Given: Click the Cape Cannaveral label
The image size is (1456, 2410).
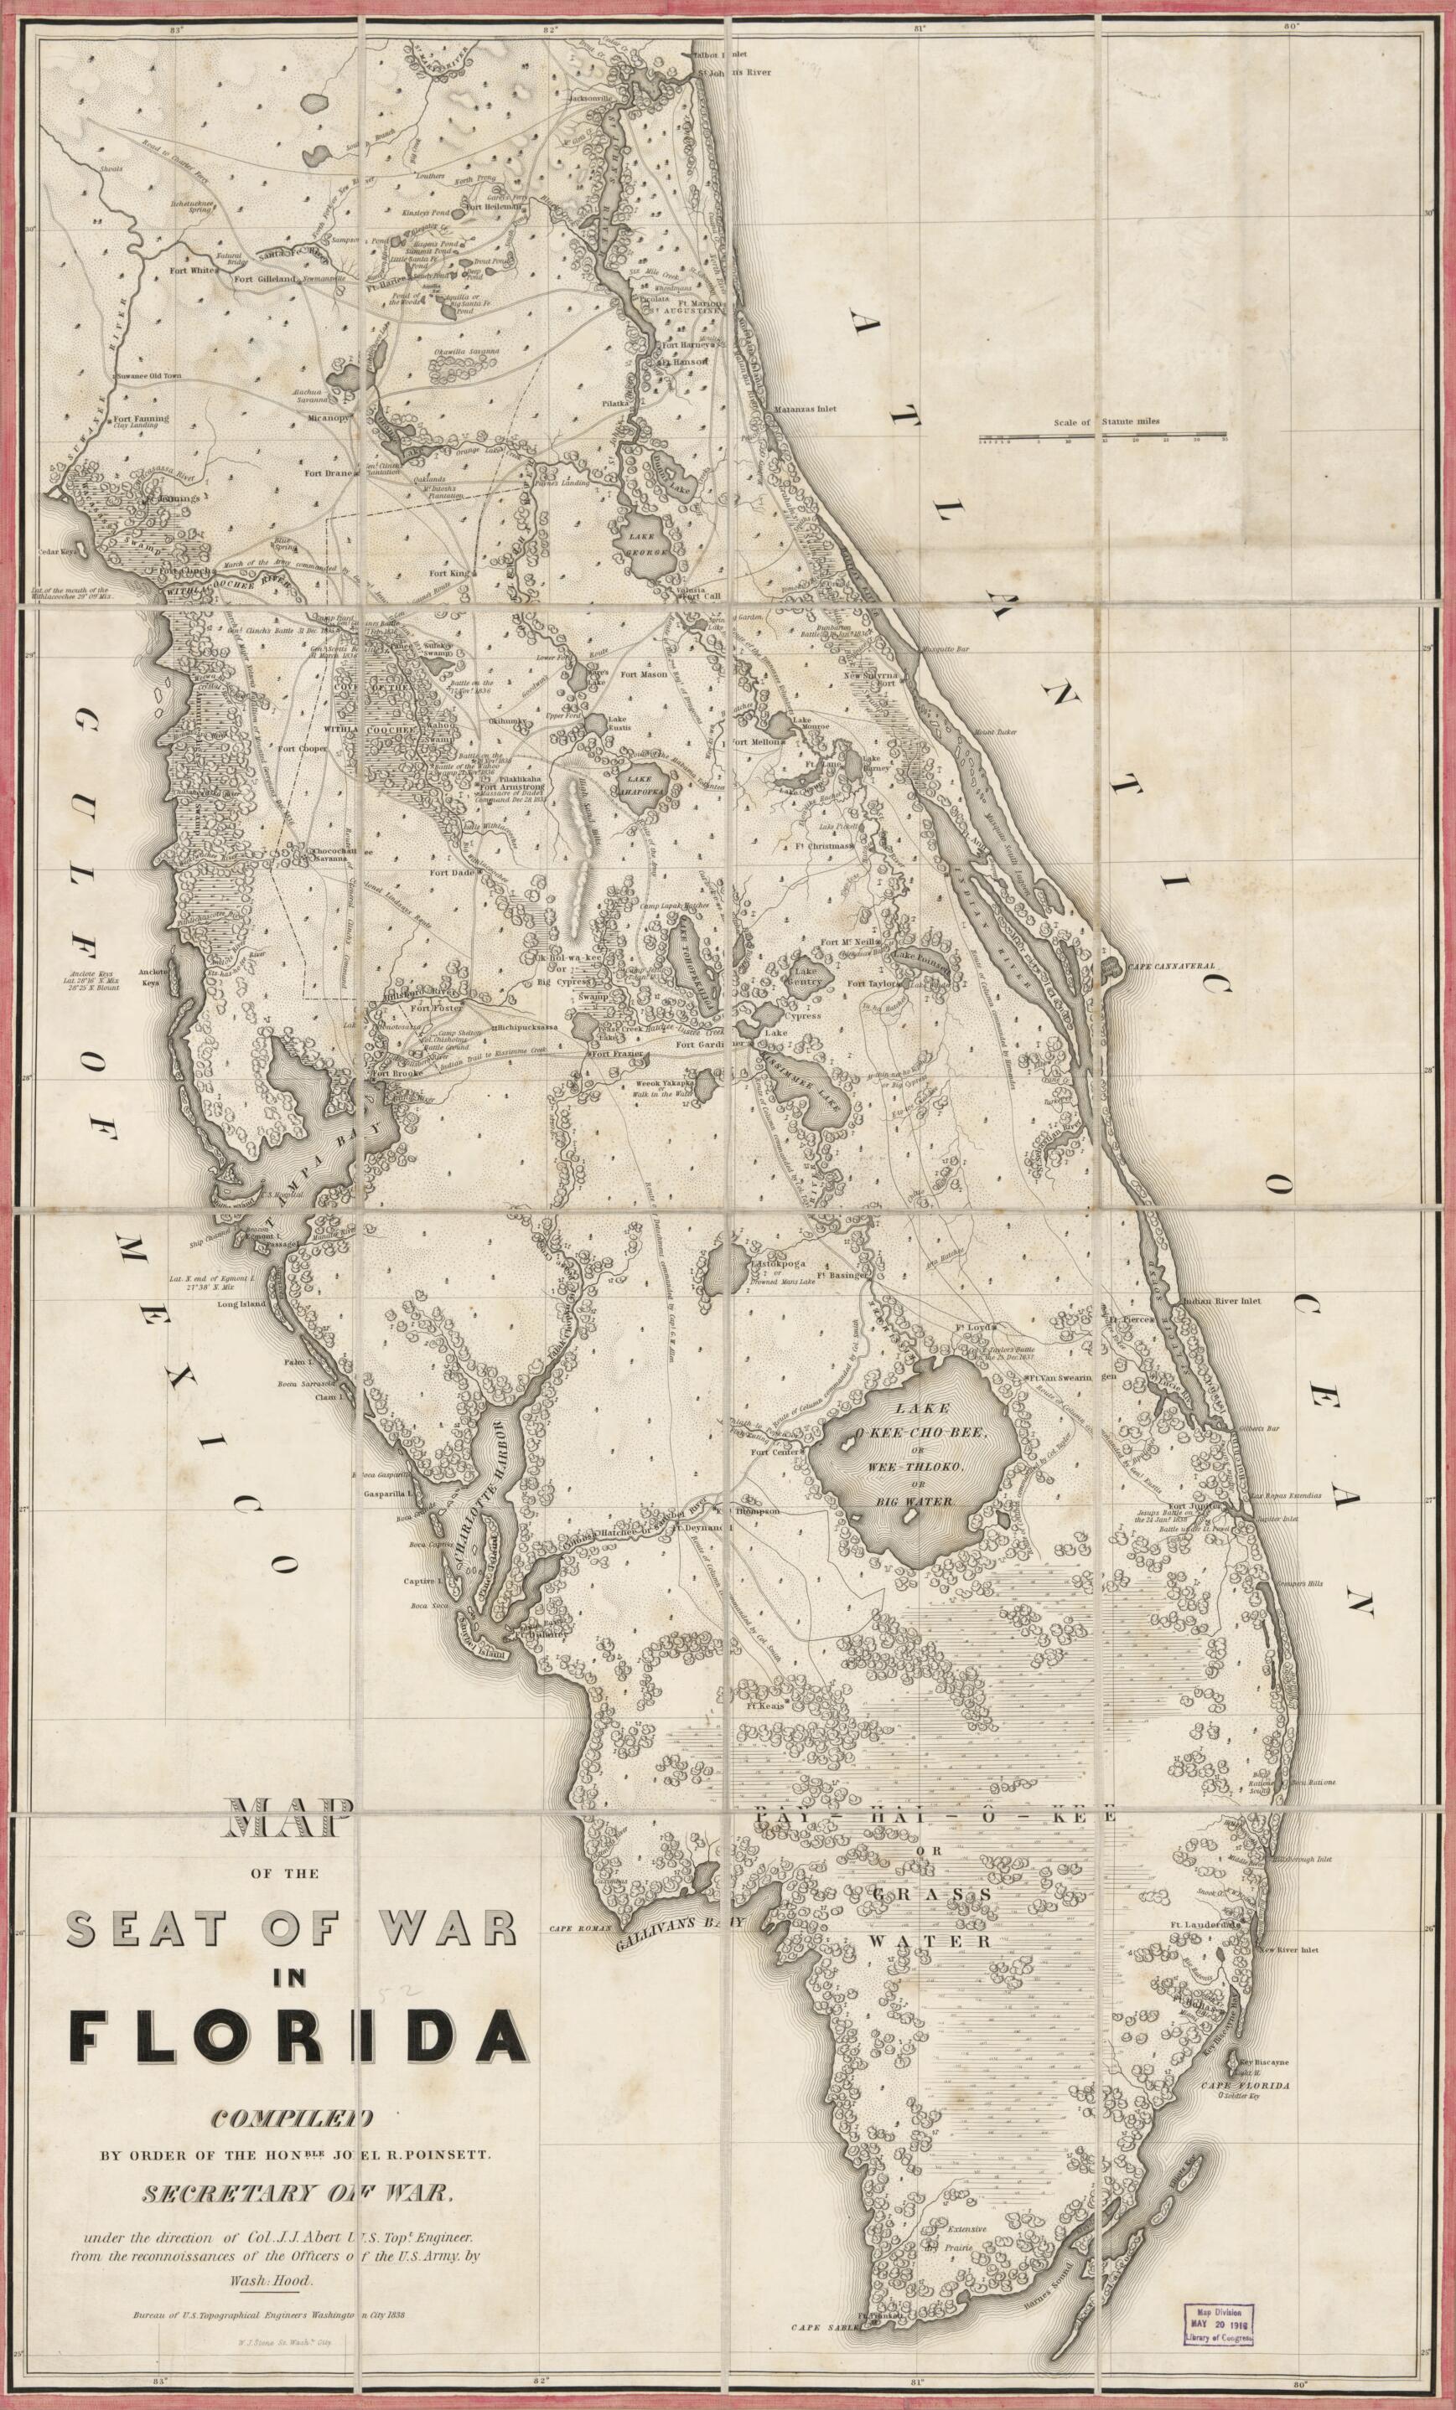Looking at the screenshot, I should click(1172, 965).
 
